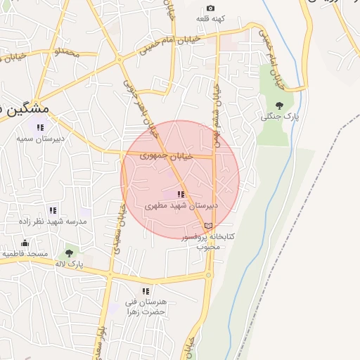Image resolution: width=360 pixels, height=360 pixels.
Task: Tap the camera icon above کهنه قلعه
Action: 210,8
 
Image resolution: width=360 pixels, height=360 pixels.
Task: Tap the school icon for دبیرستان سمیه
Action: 40,127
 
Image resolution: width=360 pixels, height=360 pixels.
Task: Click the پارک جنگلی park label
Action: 280,116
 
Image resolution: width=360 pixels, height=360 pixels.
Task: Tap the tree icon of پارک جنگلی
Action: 279,105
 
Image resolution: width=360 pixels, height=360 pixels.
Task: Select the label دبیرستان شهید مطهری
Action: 181,206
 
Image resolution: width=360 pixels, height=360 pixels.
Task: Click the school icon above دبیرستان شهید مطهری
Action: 181,194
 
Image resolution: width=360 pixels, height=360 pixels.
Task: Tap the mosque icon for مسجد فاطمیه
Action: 25,243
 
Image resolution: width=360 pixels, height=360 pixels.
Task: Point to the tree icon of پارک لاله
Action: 70,252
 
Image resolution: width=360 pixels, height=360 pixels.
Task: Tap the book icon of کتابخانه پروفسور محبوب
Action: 207,226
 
